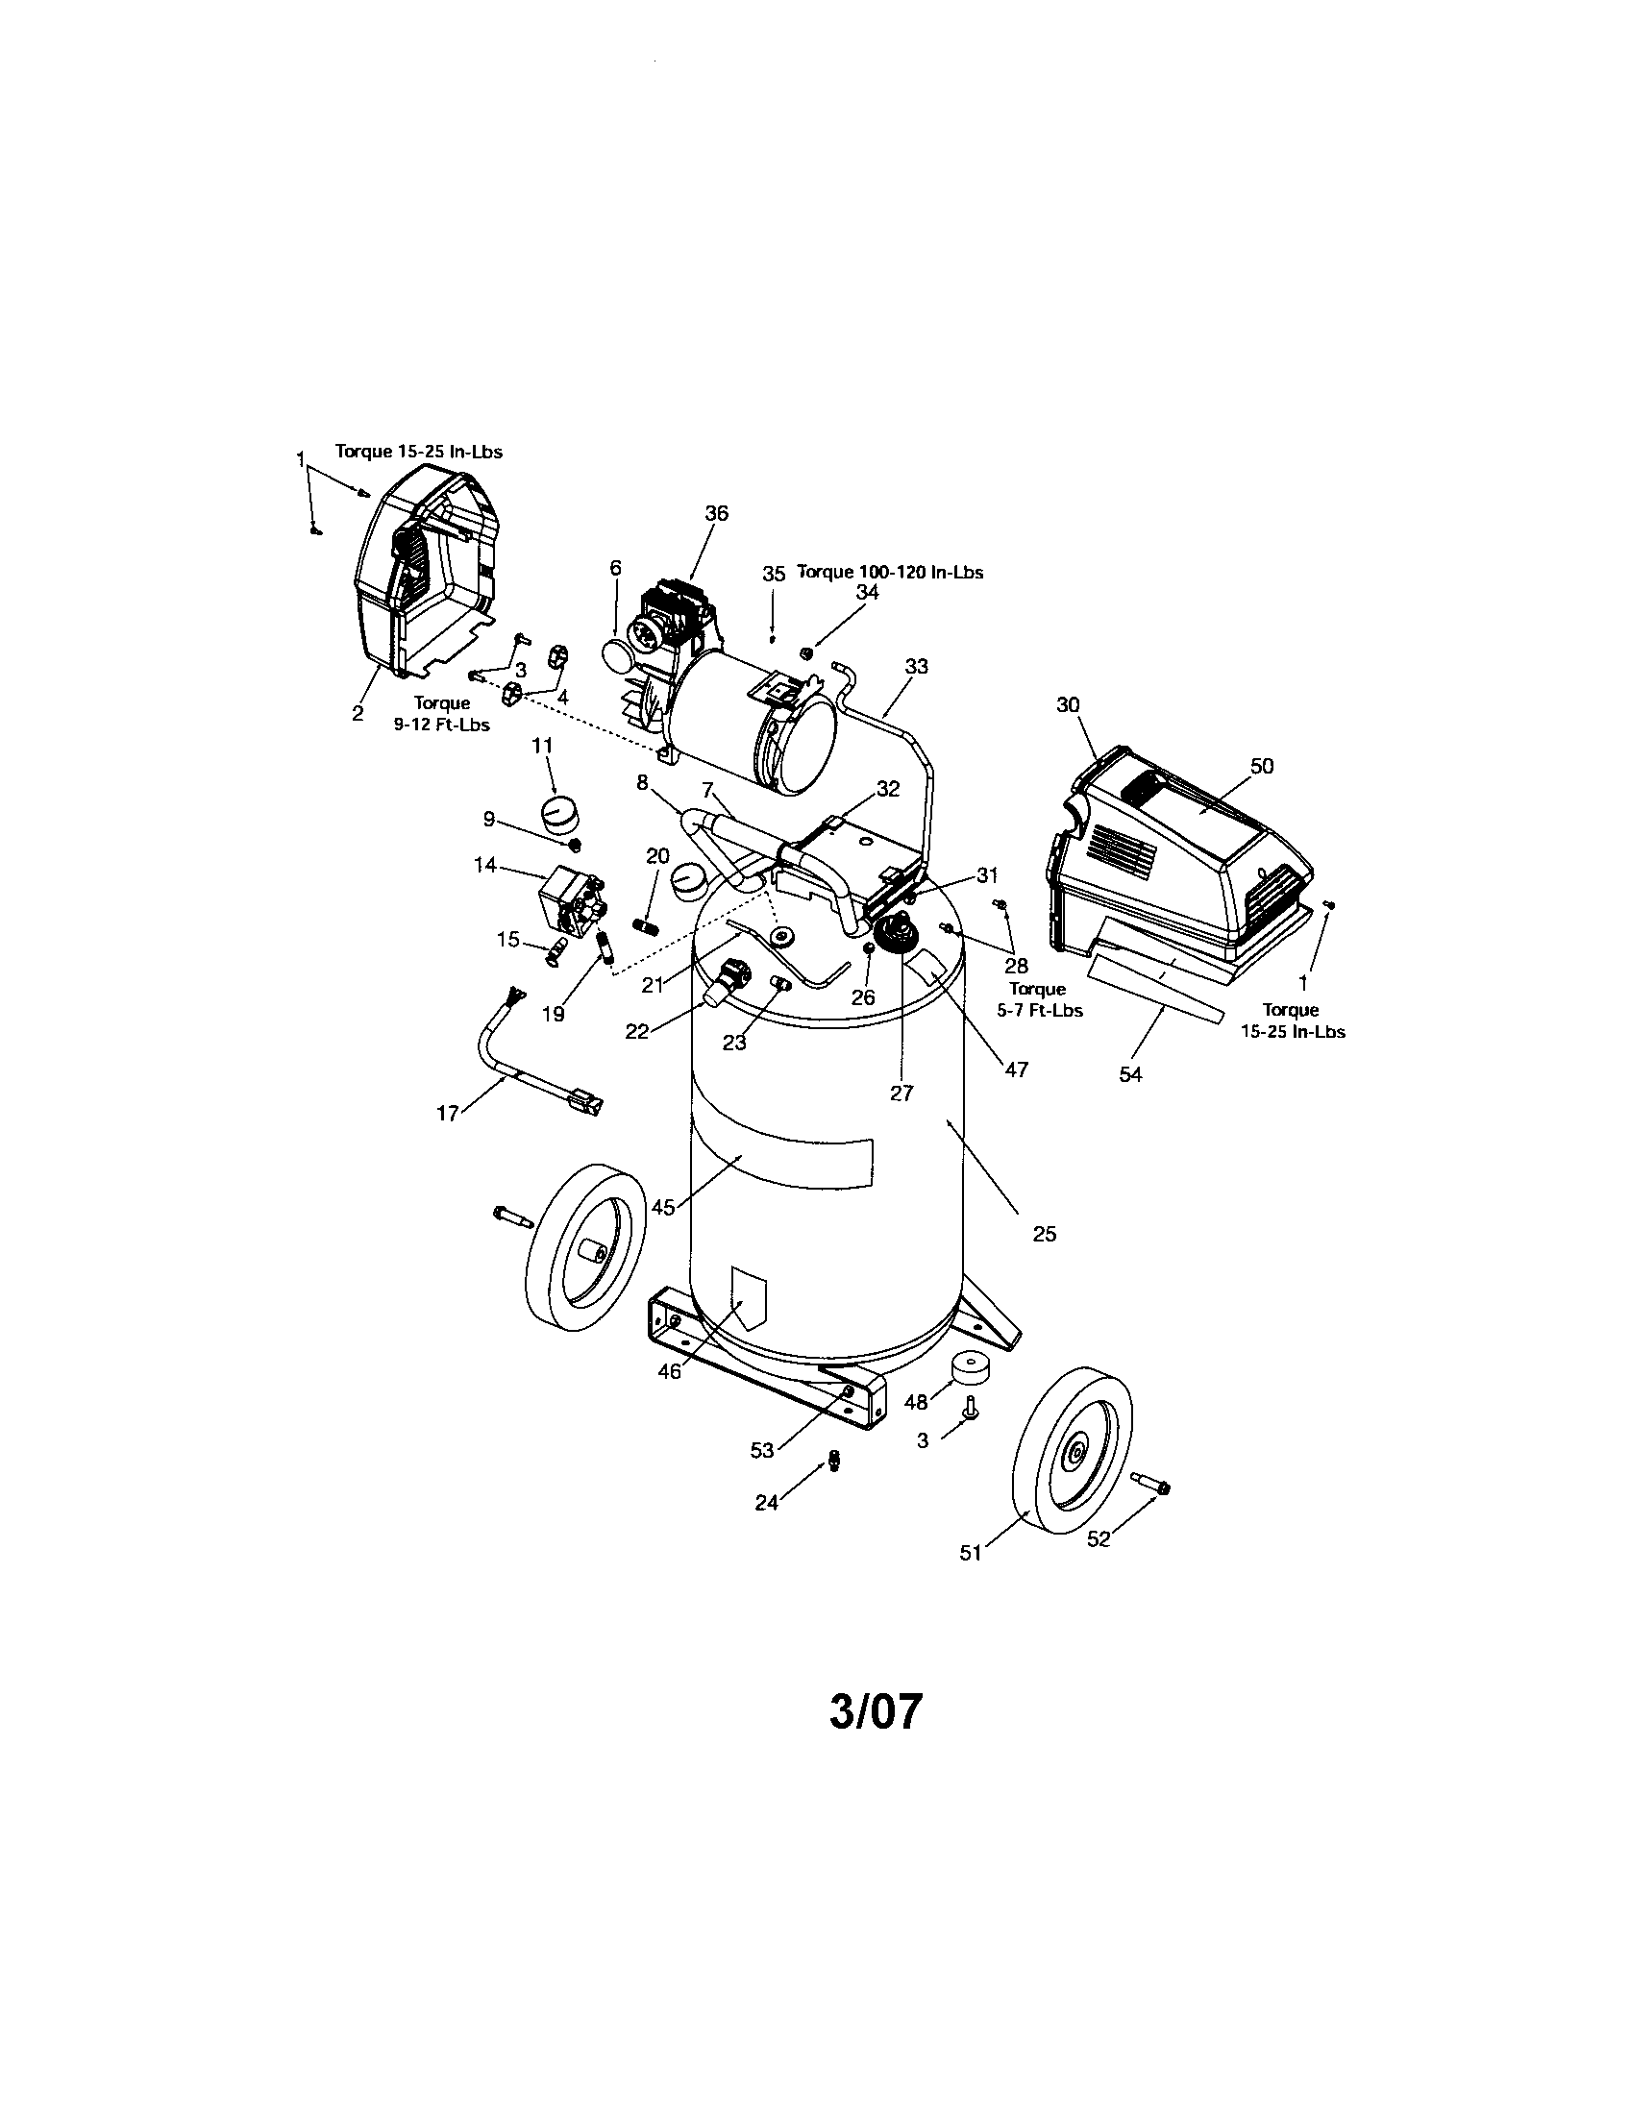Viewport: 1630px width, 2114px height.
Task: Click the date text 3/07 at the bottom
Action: pyautogui.click(x=876, y=1712)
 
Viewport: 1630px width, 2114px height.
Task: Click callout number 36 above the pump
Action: pyautogui.click(x=716, y=514)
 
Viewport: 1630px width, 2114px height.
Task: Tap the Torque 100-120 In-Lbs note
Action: pyautogui.click(x=890, y=572)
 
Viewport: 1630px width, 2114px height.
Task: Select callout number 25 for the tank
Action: pyautogui.click(x=1045, y=1234)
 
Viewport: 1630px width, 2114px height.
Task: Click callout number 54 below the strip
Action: pyautogui.click(x=1130, y=1074)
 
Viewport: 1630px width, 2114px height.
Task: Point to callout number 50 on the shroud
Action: pyautogui.click(x=1262, y=766)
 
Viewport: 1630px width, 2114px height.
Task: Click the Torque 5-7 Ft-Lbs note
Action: pyautogui.click(x=1038, y=999)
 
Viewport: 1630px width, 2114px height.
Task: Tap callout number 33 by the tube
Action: pyautogui.click(x=916, y=666)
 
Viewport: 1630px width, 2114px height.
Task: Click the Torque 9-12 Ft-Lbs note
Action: pyautogui.click(x=442, y=714)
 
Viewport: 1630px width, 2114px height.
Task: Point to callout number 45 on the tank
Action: pyautogui.click(x=662, y=1207)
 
